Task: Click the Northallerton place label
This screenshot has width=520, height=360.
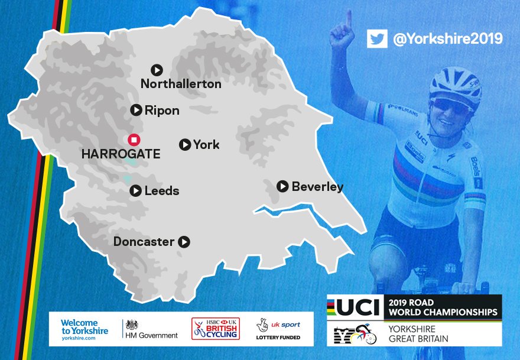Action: point(181,84)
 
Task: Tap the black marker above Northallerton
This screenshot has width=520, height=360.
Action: point(157,70)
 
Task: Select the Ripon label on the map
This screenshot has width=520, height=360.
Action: point(162,111)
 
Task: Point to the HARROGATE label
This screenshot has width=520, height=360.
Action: point(121,154)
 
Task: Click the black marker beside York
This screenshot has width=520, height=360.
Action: point(185,144)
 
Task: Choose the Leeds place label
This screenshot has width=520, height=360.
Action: point(162,191)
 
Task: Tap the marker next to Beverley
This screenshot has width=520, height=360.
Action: point(282,186)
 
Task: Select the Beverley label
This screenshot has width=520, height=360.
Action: point(317,187)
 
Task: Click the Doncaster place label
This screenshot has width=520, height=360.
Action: point(144,242)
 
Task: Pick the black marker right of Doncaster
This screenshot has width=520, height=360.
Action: point(184,242)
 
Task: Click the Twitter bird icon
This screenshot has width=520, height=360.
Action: point(376,38)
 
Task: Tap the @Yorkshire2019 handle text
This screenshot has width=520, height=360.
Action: point(447,39)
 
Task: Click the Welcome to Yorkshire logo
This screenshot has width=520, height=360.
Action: point(84,328)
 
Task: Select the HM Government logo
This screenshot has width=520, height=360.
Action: point(151,329)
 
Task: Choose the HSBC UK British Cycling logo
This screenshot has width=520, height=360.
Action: point(216,328)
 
